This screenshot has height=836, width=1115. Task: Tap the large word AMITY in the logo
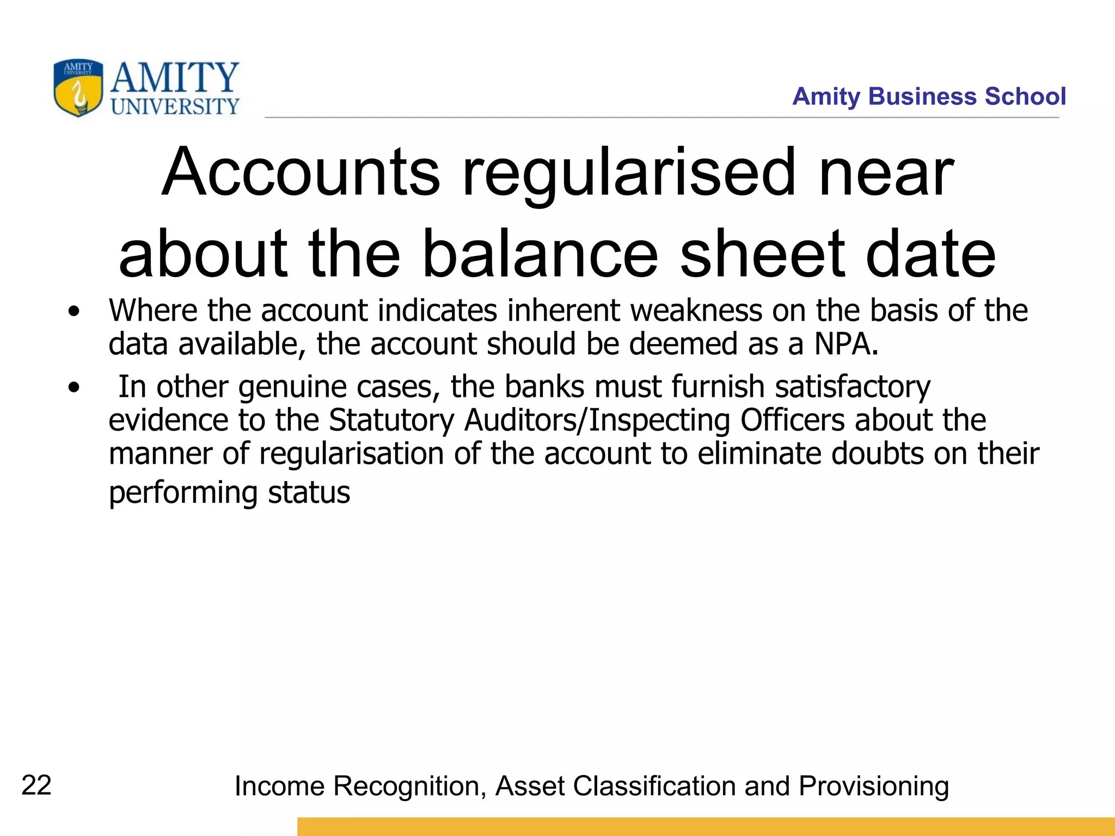click(175, 77)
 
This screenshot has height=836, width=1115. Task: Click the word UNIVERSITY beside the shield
click(175, 106)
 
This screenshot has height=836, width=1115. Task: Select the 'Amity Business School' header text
click(929, 96)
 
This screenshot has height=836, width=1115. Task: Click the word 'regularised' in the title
click(629, 173)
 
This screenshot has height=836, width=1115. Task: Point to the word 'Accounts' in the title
click(301, 173)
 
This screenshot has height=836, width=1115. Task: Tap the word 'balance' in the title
click(540, 254)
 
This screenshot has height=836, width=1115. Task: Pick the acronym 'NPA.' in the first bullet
click(847, 344)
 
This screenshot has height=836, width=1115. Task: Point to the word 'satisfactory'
click(853, 387)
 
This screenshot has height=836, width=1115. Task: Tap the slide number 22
click(36, 785)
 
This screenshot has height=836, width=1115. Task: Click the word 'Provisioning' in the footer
click(874, 786)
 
